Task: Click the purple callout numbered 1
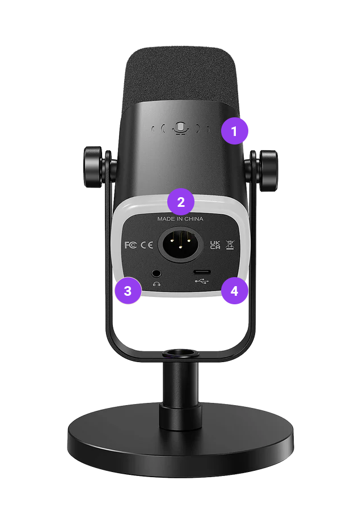tap(234, 131)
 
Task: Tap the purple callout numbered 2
tap(181, 202)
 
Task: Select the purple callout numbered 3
tap(128, 291)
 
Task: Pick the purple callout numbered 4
tap(234, 291)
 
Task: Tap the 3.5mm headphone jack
tap(156, 272)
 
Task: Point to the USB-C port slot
tap(202, 272)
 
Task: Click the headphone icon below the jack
tap(156, 284)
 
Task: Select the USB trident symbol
tap(202, 281)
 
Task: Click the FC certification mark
tap(130, 245)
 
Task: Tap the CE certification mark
tap(147, 245)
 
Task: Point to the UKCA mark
tap(215, 245)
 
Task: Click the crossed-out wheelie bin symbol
tap(230, 245)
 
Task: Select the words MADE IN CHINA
tap(180, 219)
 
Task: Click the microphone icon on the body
tap(180, 128)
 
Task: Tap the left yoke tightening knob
tap(94, 167)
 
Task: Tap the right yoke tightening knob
tap(268, 171)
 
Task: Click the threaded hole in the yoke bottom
tap(181, 353)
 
